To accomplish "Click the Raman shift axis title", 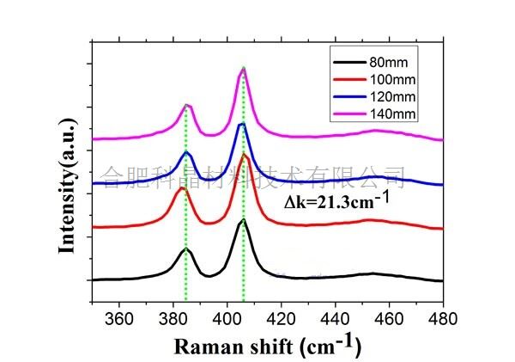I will click(269, 346).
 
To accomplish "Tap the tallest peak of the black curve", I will click(243, 221).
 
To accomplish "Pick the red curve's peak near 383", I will click(182, 188).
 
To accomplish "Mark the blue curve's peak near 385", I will click(186, 151).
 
